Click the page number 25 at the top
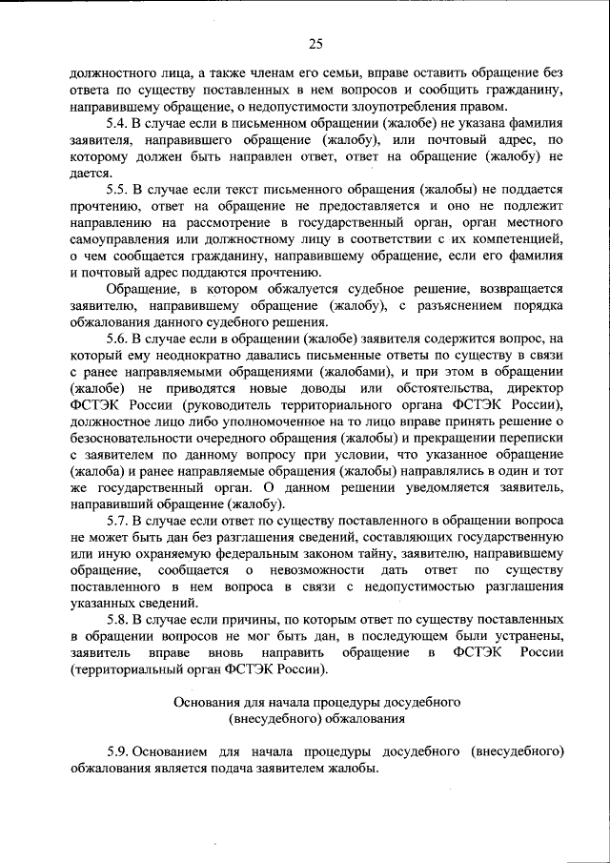(x=315, y=42)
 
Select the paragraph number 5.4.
(x=117, y=124)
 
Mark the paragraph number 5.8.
(x=117, y=617)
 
